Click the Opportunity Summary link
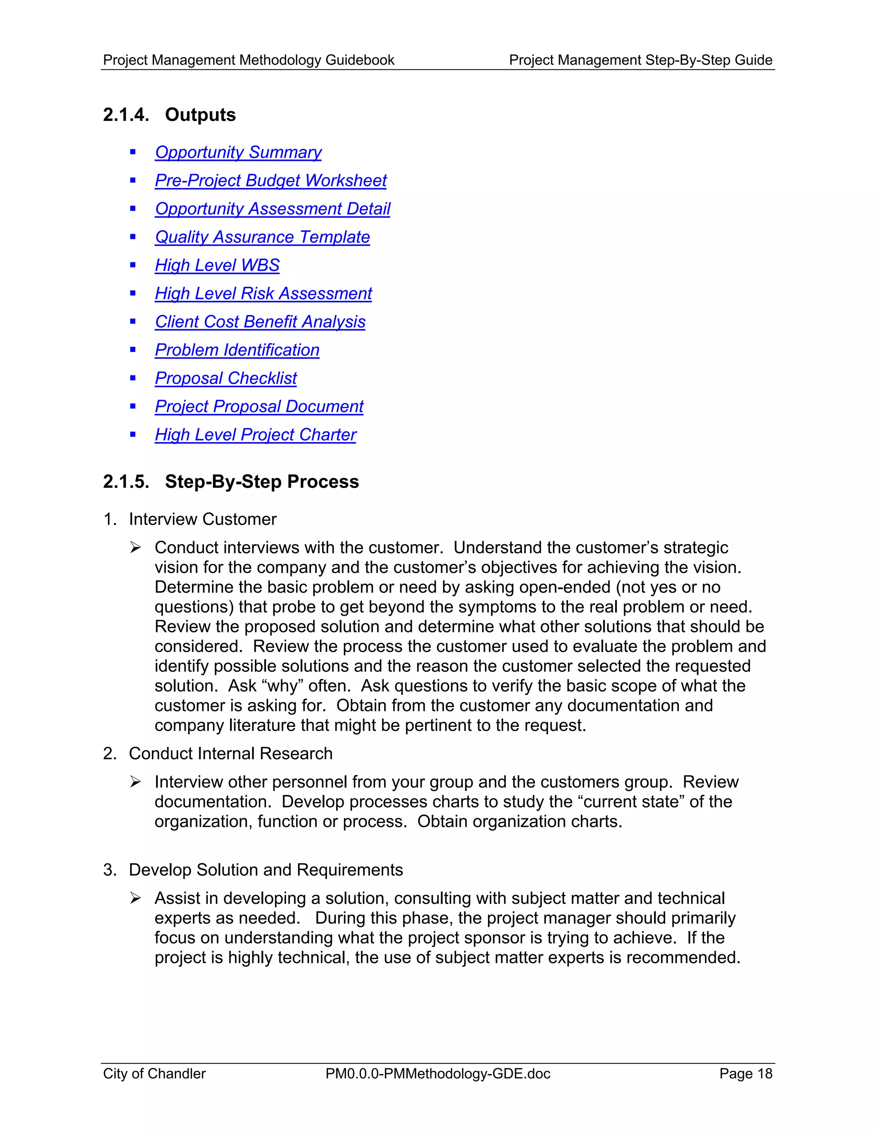(238, 153)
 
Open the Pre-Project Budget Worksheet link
(270, 180)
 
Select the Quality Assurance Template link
(262, 237)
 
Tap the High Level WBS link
(217, 265)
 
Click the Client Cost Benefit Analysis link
(260, 322)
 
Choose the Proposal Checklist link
(226, 378)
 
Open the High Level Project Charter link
(255, 435)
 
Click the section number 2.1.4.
(126, 115)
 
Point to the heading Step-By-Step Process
(261, 481)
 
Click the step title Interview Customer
(202, 519)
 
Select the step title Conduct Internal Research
(231, 753)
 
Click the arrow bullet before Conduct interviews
(136, 548)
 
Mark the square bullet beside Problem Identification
(133, 350)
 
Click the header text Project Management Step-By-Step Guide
(640, 60)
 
